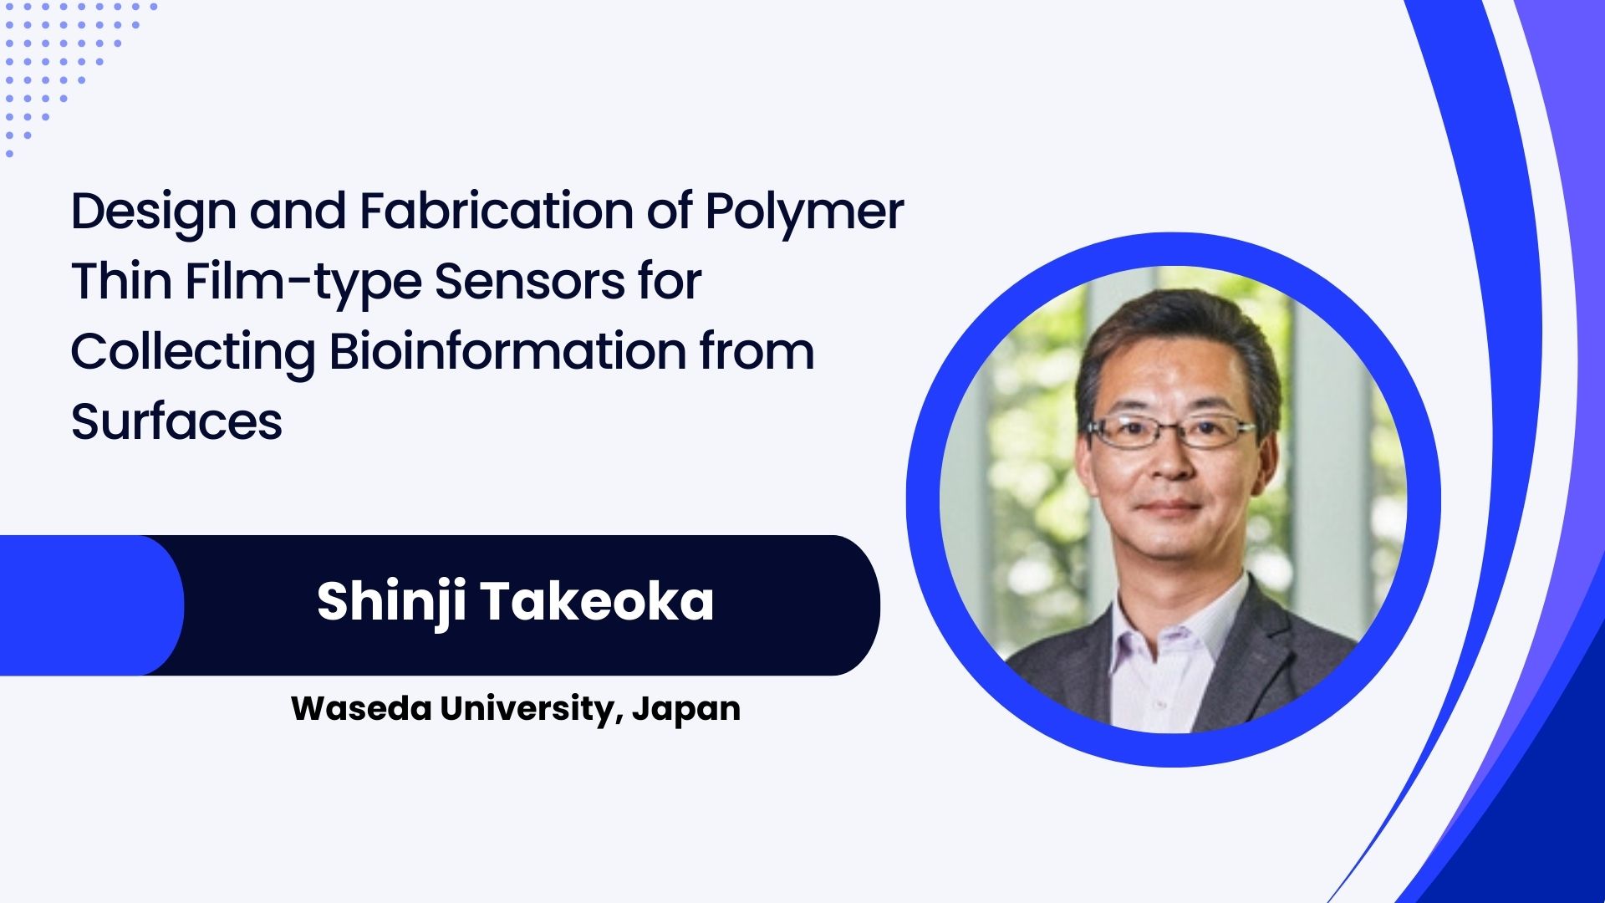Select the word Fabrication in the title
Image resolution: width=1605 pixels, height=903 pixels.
coord(497,211)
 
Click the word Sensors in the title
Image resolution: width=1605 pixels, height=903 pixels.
coord(529,282)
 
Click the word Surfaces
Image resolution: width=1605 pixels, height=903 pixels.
coord(176,421)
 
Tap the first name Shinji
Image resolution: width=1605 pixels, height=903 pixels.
coord(390,603)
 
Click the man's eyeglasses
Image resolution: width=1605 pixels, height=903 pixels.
coord(1170,431)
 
